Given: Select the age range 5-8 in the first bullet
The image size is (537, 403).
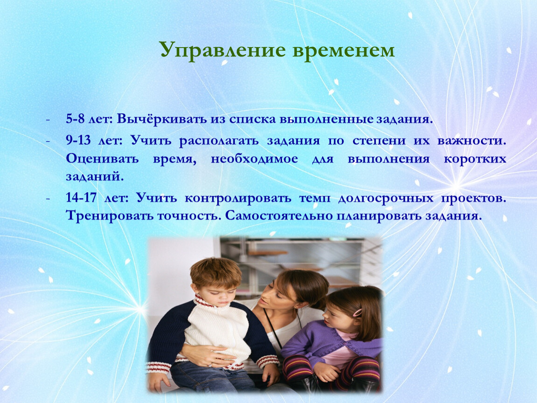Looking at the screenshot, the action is (x=75, y=119).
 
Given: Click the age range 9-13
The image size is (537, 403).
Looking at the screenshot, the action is (x=78, y=140).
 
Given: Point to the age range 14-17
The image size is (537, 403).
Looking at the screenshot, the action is (x=81, y=198).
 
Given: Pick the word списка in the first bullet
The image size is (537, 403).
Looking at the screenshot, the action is (x=253, y=119).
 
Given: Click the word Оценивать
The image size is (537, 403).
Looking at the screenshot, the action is (x=102, y=159).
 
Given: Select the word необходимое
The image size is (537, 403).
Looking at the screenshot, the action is (x=254, y=159).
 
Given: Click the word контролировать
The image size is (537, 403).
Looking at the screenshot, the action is (x=238, y=198).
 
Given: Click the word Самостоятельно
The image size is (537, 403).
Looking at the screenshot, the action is (x=279, y=216).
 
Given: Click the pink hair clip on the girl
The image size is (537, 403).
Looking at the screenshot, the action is (x=358, y=313).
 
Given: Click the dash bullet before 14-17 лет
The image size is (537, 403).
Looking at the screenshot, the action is (x=48, y=198).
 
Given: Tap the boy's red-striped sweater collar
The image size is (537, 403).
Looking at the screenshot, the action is (x=206, y=301).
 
